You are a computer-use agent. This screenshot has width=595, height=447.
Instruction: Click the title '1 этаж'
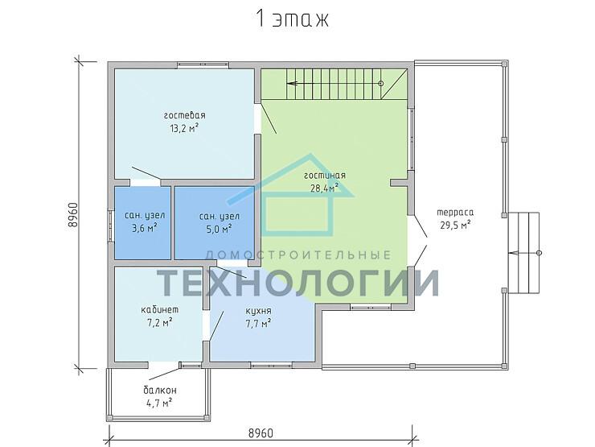293,19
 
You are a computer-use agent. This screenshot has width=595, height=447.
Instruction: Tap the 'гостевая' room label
185,115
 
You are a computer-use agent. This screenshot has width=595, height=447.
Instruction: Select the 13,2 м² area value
185,128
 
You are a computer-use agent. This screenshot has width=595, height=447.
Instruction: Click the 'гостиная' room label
325,176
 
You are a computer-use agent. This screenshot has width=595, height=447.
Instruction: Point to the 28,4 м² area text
325,188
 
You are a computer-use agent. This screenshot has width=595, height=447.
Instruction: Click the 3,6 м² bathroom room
142,223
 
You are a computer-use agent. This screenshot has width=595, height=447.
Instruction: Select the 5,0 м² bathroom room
215,223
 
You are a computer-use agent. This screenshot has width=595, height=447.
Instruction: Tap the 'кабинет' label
159,309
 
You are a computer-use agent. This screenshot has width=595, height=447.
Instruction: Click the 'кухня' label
258,311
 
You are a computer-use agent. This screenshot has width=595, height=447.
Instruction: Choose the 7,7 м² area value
258,324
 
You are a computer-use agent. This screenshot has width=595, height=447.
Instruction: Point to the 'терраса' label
455,213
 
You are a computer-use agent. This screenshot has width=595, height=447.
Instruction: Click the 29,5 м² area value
455,225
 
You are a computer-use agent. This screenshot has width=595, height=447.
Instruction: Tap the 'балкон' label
160,390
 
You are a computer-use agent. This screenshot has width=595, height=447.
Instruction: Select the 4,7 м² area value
160,403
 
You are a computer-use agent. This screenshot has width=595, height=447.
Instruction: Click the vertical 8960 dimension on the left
73,215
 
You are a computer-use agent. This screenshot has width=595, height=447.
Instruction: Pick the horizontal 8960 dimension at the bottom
261,433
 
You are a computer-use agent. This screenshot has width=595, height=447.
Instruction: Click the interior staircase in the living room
333,84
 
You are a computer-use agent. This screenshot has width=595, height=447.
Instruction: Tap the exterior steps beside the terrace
524,253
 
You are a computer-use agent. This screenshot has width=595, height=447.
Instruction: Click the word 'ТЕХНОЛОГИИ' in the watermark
297,283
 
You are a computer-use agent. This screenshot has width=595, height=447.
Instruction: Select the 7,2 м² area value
159,323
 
